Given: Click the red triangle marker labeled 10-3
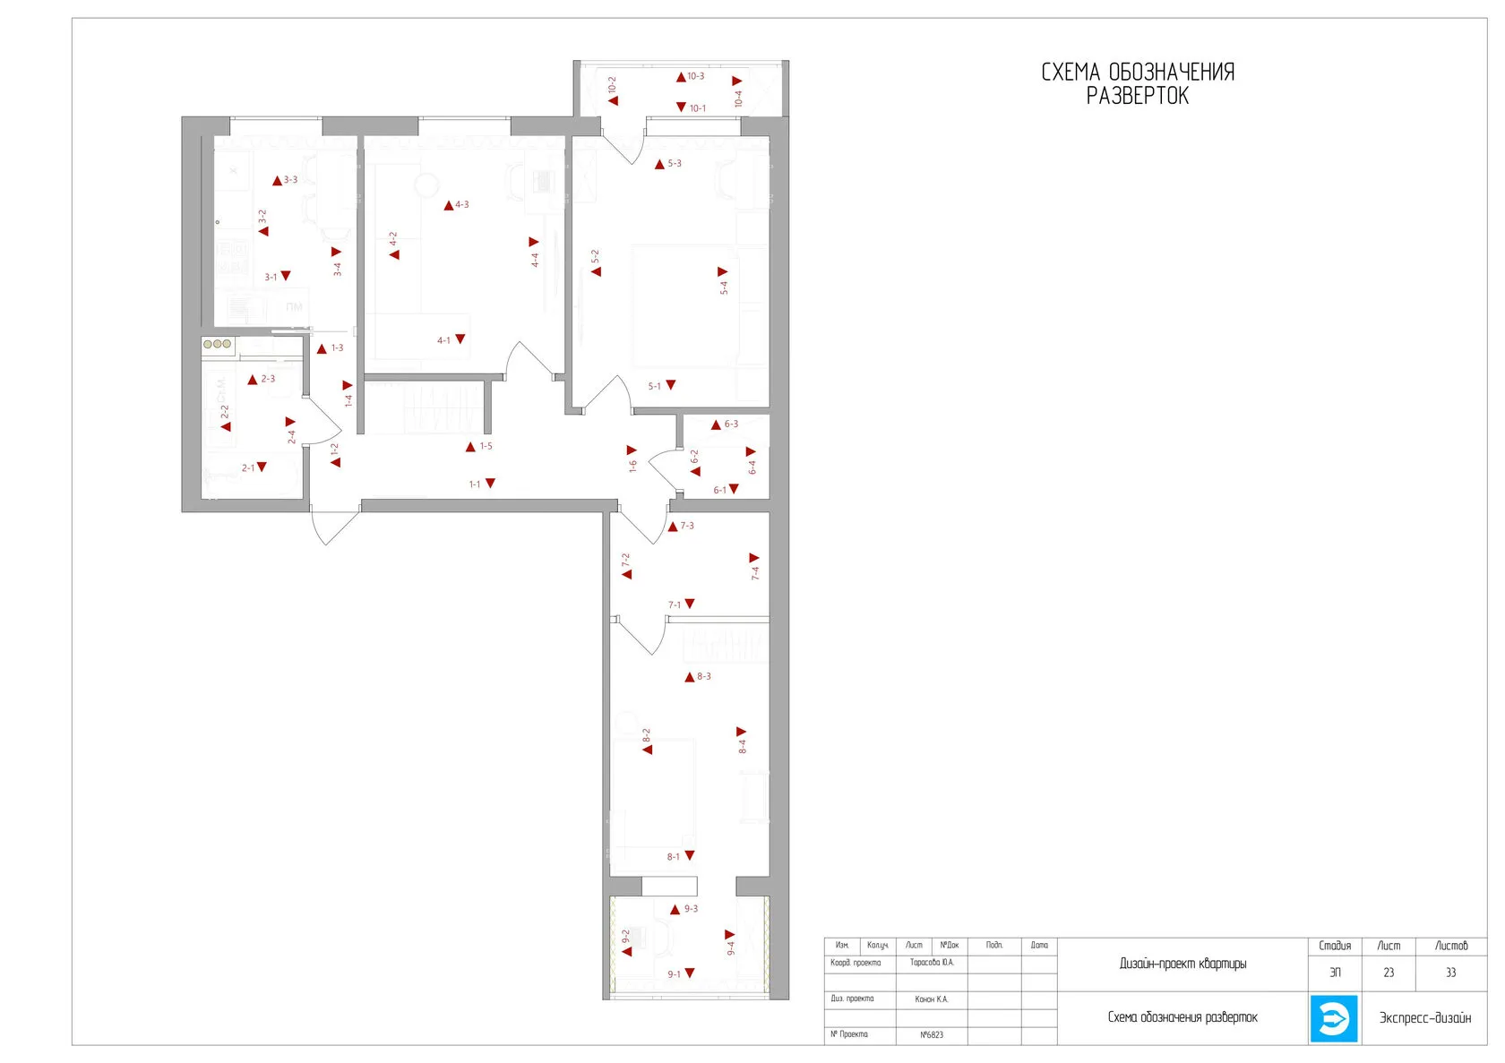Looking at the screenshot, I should [681, 77].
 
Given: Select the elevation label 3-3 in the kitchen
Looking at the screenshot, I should [291, 180].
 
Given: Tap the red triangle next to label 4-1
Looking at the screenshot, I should [460, 339].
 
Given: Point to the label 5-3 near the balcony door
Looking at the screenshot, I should [675, 164].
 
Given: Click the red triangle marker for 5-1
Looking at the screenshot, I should [671, 385].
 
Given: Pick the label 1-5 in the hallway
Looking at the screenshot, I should [486, 446].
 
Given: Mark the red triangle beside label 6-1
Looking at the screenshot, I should [734, 489].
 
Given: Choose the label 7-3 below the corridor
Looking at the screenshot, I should [687, 527].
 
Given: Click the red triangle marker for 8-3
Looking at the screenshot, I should [689, 677].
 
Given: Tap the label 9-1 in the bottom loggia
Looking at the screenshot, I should [674, 974].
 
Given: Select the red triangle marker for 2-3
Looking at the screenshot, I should [253, 380].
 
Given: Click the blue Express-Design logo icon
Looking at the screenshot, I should [1334, 1018].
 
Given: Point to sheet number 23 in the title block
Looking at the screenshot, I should [1389, 973].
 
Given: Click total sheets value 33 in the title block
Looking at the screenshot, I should [1450, 973].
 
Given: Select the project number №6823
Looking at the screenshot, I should [932, 1035].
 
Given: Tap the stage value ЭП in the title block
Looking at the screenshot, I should [1335, 973].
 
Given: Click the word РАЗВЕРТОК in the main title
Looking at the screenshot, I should [1138, 97].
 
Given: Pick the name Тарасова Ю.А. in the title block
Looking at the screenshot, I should [932, 963].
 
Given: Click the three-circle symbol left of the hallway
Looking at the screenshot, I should [218, 344].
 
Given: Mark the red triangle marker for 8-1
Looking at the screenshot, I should [690, 856].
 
